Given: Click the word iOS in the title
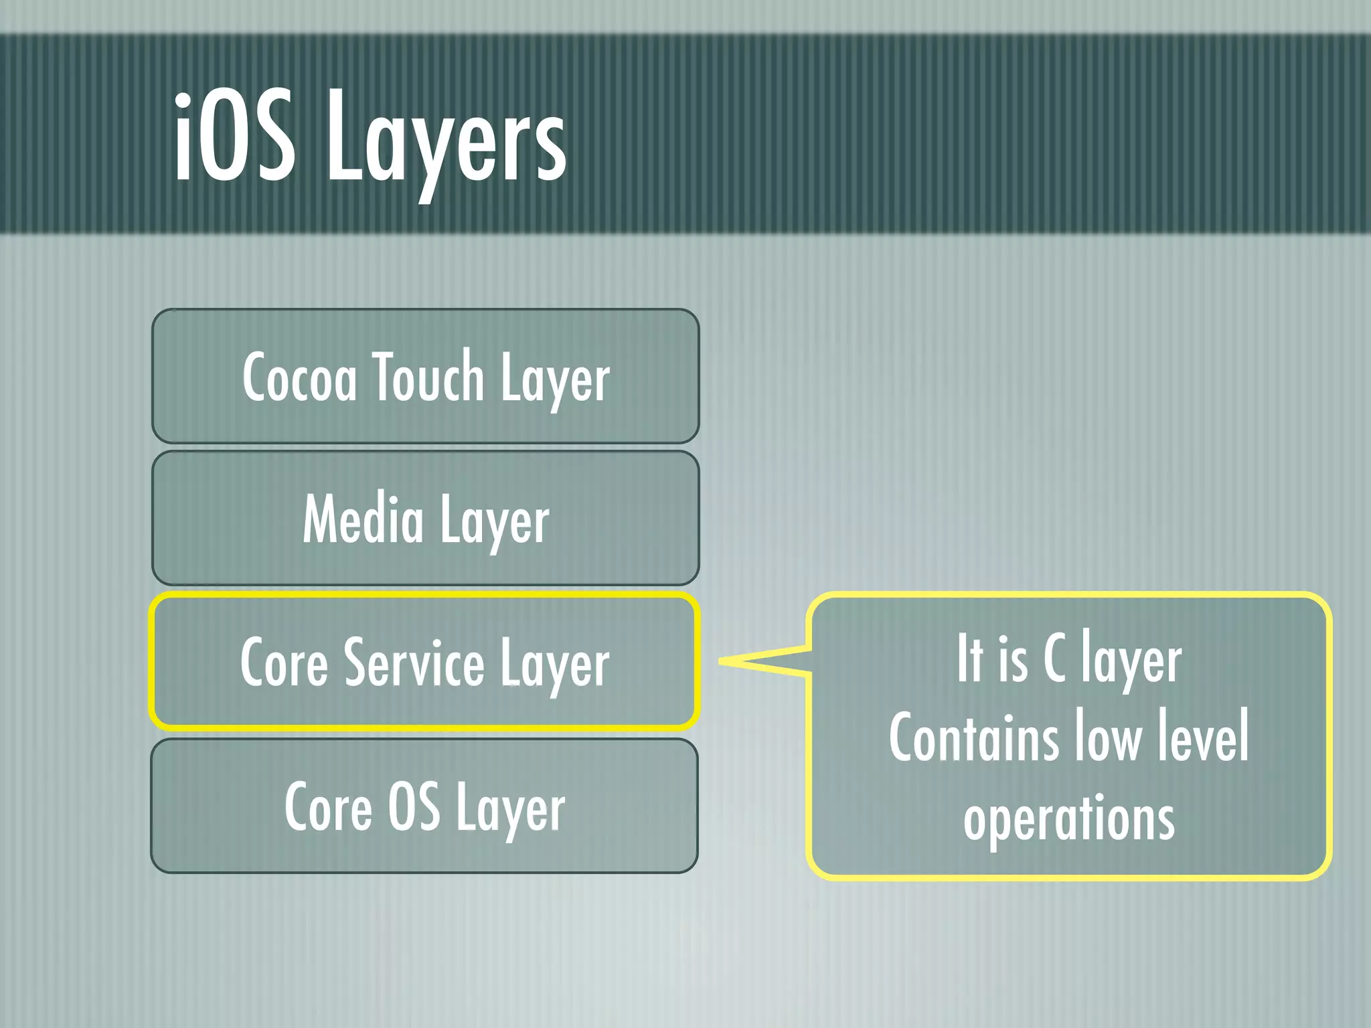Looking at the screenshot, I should click(234, 137).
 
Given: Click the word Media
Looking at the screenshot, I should click(363, 519).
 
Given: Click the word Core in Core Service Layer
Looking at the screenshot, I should click(284, 663).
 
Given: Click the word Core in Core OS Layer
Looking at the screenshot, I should click(328, 807).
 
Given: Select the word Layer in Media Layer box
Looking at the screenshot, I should click(494, 522).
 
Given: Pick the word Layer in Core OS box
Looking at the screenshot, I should click(511, 810).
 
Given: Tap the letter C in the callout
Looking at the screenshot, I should click(1054, 659).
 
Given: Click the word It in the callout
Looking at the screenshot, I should click(969, 659).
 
